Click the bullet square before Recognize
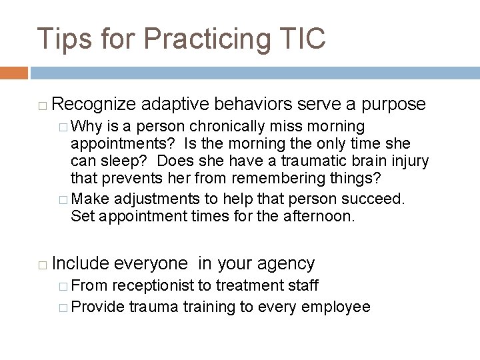(x=41, y=105)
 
